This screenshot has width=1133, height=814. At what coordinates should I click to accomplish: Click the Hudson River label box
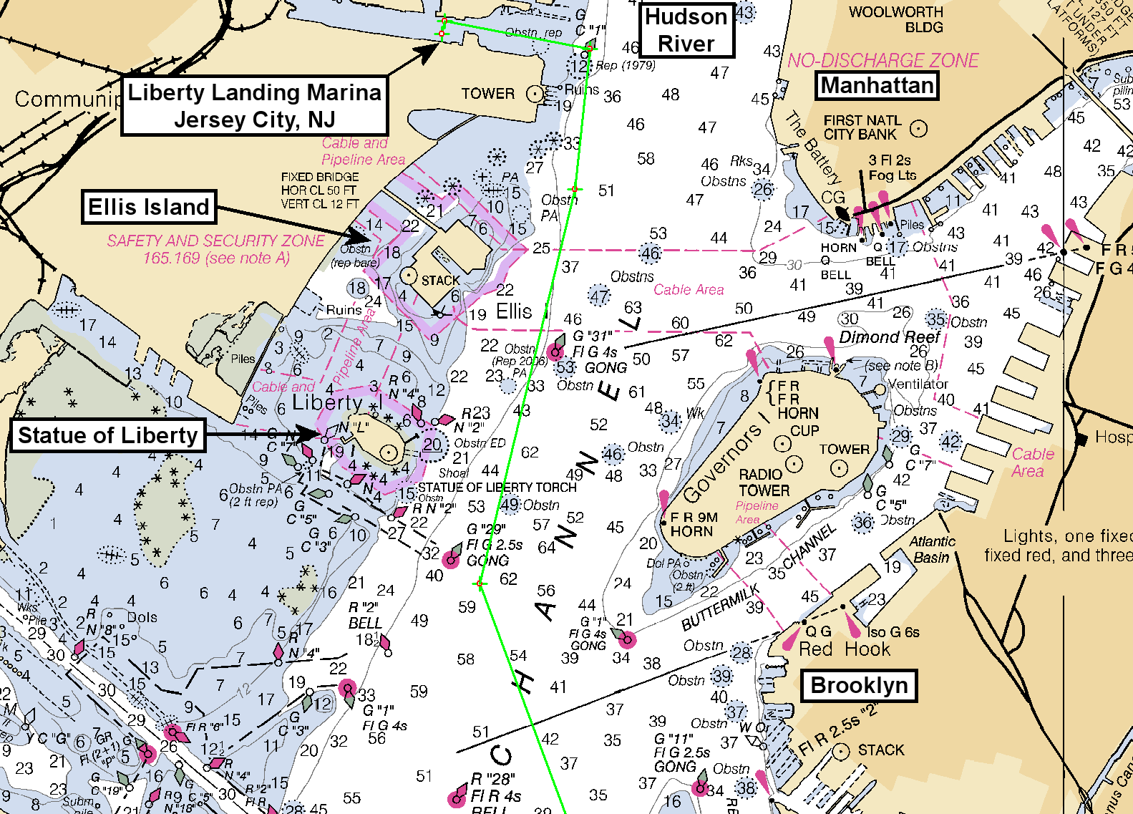click(686, 30)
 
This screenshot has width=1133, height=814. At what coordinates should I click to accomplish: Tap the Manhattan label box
click(877, 86)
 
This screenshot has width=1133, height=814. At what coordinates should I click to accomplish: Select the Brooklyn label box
click(859, 685)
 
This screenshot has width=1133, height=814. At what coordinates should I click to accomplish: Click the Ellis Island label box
click(149, 207)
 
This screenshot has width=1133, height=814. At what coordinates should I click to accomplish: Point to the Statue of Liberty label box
click(107, 435)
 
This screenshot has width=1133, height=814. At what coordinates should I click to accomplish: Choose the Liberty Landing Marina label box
click(254, 105)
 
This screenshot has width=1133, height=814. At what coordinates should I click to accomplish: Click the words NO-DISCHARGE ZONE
click(882, 60)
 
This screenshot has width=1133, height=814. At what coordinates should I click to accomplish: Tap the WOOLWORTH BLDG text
click(896, 19)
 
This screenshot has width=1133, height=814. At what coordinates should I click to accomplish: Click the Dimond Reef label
click(890, 336)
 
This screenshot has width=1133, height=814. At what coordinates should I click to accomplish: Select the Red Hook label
click(844, 649)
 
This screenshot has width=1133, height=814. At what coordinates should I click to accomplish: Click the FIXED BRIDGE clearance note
click(320, 190)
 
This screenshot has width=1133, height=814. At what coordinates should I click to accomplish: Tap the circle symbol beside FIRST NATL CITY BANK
click(918, 129)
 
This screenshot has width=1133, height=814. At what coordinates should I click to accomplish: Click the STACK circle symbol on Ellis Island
click(408, 275)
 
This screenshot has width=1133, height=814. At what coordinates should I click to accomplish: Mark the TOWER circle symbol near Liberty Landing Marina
click(534, 94)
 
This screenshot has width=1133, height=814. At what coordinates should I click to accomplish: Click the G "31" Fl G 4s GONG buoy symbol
click(555, 351)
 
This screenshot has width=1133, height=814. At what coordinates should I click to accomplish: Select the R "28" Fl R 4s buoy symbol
click(457, 798)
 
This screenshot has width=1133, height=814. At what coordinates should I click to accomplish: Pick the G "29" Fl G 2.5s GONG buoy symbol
click(451, 559)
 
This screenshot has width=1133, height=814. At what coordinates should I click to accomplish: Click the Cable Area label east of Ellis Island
click(689, 289)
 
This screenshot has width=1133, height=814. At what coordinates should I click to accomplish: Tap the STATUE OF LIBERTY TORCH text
click(497, 488)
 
